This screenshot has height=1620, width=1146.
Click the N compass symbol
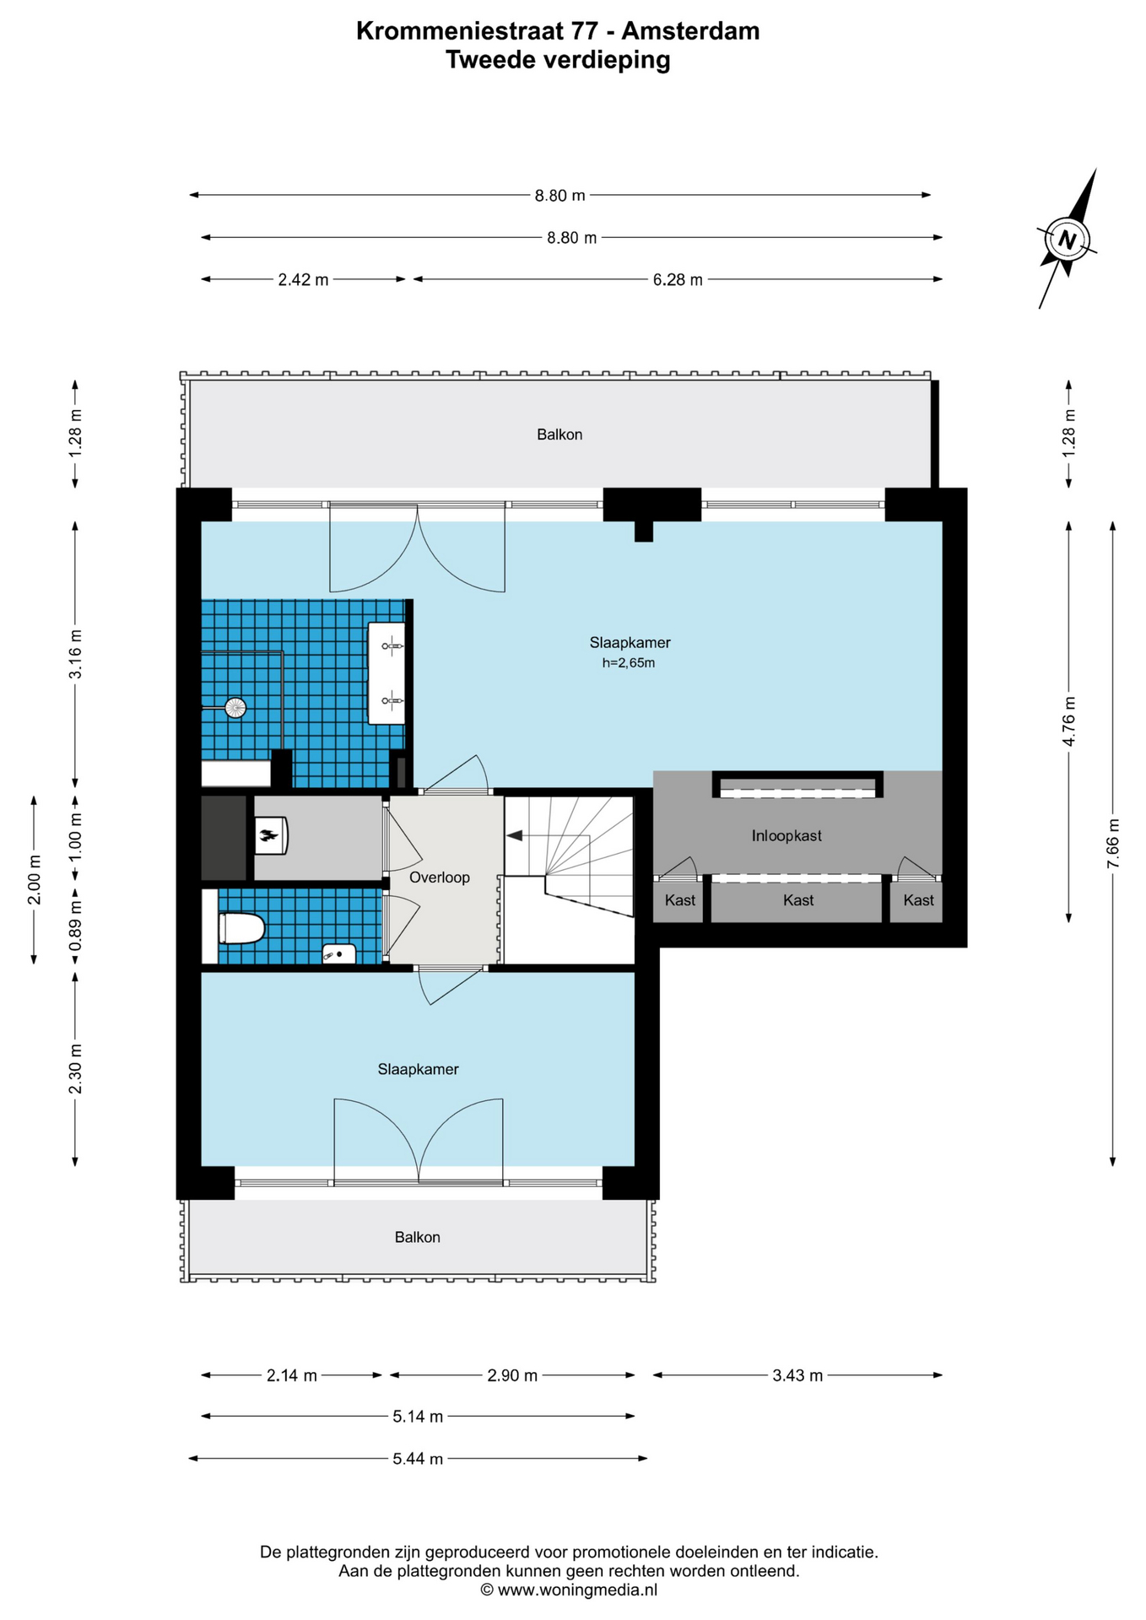[x=1067, y=239]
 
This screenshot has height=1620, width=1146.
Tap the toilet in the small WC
[x=241, y=928]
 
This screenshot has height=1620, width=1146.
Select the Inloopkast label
[x=787, y=835]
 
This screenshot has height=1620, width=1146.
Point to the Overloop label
[x=440, y=877]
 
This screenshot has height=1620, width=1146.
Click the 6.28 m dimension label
[x=678, y=279]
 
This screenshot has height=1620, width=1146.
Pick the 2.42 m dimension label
[x=303, y=279]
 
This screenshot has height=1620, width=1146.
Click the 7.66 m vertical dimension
[x=1113, y=843]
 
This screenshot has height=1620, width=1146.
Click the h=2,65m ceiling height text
[x=629, y=663]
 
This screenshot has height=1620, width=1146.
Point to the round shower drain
[x=235, y=707]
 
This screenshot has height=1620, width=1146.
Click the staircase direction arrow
[x=514, y=835]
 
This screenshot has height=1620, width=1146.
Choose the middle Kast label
[x=798, y=900]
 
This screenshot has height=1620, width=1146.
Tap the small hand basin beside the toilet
[x=339, y=953]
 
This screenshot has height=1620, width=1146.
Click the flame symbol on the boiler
[x=268, y=836]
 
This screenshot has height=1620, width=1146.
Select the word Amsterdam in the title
[x=690, y=31]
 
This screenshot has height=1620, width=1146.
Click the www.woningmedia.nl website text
[x=577, y=1590]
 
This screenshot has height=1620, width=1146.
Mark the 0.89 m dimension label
[x=75, y=926]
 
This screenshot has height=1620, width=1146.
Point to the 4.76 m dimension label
[x=1069, y=721]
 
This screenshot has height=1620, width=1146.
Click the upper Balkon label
[x=559, y=435]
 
